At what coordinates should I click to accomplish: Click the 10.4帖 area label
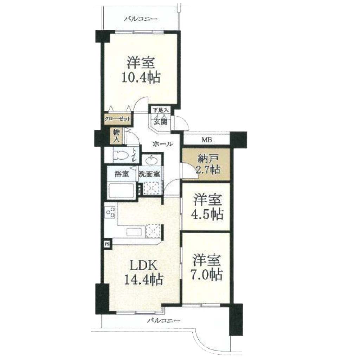pos(141,78)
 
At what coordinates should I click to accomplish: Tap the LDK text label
pos(144,266)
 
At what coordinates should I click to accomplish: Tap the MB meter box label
pos(207,140)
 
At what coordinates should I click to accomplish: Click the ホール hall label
pos(163,144)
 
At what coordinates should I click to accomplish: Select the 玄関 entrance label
pos(160,122)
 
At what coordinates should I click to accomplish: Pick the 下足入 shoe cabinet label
pos(161,110)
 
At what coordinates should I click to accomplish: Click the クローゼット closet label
pos(117,119)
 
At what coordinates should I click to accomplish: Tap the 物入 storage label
pos(116,136)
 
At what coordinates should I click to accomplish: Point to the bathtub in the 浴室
pos(122,191)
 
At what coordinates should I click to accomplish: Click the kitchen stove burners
pos(110,212)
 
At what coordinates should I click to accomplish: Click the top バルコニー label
pos(141,19)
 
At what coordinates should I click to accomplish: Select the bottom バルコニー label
pos(163,320)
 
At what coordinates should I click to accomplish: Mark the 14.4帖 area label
pos(144,279)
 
